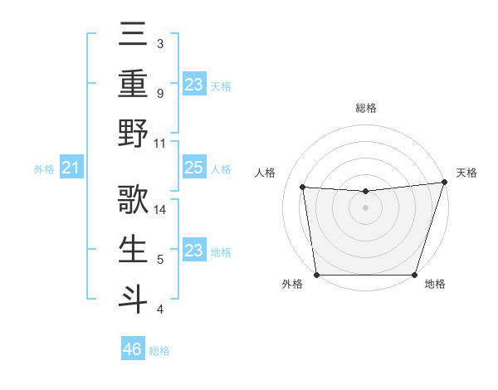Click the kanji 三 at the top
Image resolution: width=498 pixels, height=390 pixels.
[x=133, y=34]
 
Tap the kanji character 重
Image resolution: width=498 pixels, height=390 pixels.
[x=133, y=83]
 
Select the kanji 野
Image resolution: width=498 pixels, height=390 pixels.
[x=133, y=133]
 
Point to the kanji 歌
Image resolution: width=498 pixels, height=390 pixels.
[x=133, y=199]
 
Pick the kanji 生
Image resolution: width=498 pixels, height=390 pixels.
[x=133, y=249]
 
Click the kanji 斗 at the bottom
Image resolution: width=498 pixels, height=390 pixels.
[x=133, y=299]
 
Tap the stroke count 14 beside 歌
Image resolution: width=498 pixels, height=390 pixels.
[x=160, y=209]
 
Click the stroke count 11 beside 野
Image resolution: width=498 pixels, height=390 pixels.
[x=160, y=143]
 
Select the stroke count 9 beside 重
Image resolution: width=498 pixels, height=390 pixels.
[x=159, y=93]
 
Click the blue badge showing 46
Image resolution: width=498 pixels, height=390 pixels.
[x=133, y=349]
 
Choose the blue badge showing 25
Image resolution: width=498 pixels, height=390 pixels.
[x=194, y=168]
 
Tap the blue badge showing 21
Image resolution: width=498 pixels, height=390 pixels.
[x=71, y=168]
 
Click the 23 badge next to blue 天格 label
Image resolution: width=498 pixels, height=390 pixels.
[x=194, y=84]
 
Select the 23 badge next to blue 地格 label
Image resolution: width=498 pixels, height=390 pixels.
[x=194, y=251]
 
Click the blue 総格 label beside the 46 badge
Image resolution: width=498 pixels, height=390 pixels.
[x=159, y=351]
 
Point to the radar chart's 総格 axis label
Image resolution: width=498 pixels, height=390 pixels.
[x=365, y=108]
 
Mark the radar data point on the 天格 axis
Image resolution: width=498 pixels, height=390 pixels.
[x=443, y=183]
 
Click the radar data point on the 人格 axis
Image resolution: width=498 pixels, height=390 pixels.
[x=303, y=188]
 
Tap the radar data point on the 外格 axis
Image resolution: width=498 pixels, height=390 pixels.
[x=316, y=275]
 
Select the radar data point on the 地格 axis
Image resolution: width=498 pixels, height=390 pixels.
[x=414, y=275]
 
